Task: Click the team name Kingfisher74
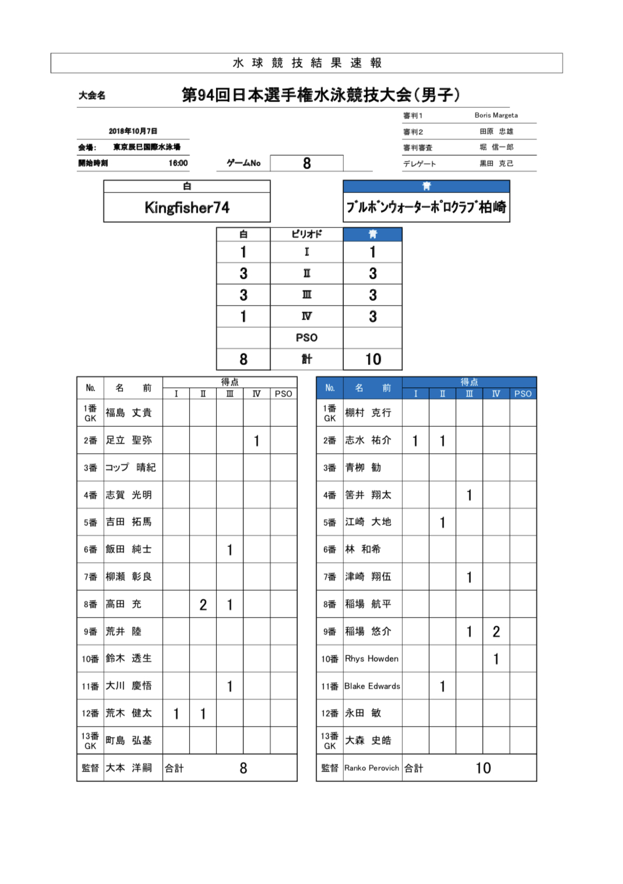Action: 186,208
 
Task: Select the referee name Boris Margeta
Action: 496,115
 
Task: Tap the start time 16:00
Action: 178,163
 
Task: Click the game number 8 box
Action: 307,163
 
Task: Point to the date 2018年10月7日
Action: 133,131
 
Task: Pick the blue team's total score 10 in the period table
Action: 373,359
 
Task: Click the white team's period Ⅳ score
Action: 243,317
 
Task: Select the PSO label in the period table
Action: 307,338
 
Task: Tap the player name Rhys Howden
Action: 372,659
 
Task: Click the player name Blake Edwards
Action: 372,686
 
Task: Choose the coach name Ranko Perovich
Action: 372,768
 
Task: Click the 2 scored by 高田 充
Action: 203,605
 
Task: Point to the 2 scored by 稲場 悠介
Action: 496,632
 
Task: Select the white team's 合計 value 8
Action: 243,768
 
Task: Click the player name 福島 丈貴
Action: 128,413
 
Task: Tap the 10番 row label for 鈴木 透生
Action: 90,659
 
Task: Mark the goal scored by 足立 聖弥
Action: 256,441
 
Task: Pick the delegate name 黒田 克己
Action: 496,164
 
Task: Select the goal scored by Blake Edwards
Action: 442,686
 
